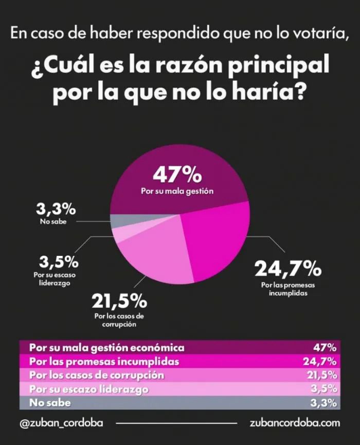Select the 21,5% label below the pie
(x=119, y=300)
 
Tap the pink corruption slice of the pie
(x=154, y=252)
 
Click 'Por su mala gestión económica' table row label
(x=106, y=347)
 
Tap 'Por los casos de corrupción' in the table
(x=97, y=375)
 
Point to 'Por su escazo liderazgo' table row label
(x=89, y=389)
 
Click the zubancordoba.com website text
(x=295, y=423)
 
